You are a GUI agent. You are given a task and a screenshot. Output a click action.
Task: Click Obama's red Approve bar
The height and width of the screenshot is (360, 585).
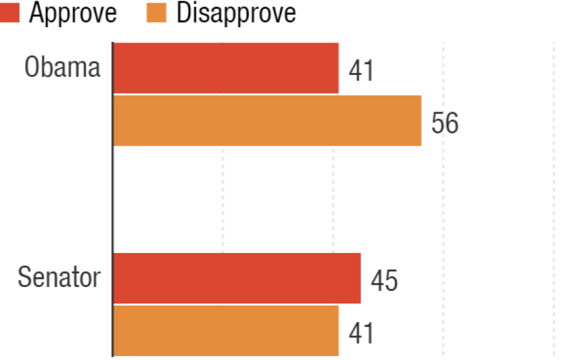226,68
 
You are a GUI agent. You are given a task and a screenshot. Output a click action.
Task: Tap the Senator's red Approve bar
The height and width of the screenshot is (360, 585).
237,278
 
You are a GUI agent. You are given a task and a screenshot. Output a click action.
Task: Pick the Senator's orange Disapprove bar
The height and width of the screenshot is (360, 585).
226,330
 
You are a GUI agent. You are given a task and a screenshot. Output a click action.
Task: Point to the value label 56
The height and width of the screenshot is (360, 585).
445,124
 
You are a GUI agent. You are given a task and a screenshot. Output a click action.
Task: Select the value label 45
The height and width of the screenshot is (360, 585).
384,281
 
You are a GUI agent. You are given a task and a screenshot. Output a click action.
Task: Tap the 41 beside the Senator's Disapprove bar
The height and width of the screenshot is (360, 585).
361,333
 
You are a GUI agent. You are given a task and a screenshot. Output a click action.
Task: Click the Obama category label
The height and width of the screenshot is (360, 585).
62,68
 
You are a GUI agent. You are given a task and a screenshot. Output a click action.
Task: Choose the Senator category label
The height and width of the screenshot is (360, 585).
58,278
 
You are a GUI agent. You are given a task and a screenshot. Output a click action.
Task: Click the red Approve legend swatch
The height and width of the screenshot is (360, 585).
9,13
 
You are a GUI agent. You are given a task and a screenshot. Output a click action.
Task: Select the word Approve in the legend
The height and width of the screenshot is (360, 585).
73,13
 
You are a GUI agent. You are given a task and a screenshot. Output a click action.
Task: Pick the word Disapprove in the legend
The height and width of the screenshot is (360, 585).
236,13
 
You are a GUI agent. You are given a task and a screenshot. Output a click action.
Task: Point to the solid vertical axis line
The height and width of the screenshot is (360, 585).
112,199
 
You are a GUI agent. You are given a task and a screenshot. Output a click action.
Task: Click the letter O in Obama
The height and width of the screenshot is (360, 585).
33,68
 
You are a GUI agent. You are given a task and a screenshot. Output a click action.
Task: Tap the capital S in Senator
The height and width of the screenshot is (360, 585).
25,278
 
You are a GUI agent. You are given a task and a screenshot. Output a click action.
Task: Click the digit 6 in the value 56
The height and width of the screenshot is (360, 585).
451,124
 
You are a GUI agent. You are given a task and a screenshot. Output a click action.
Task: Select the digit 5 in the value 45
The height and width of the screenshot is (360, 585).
391,281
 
